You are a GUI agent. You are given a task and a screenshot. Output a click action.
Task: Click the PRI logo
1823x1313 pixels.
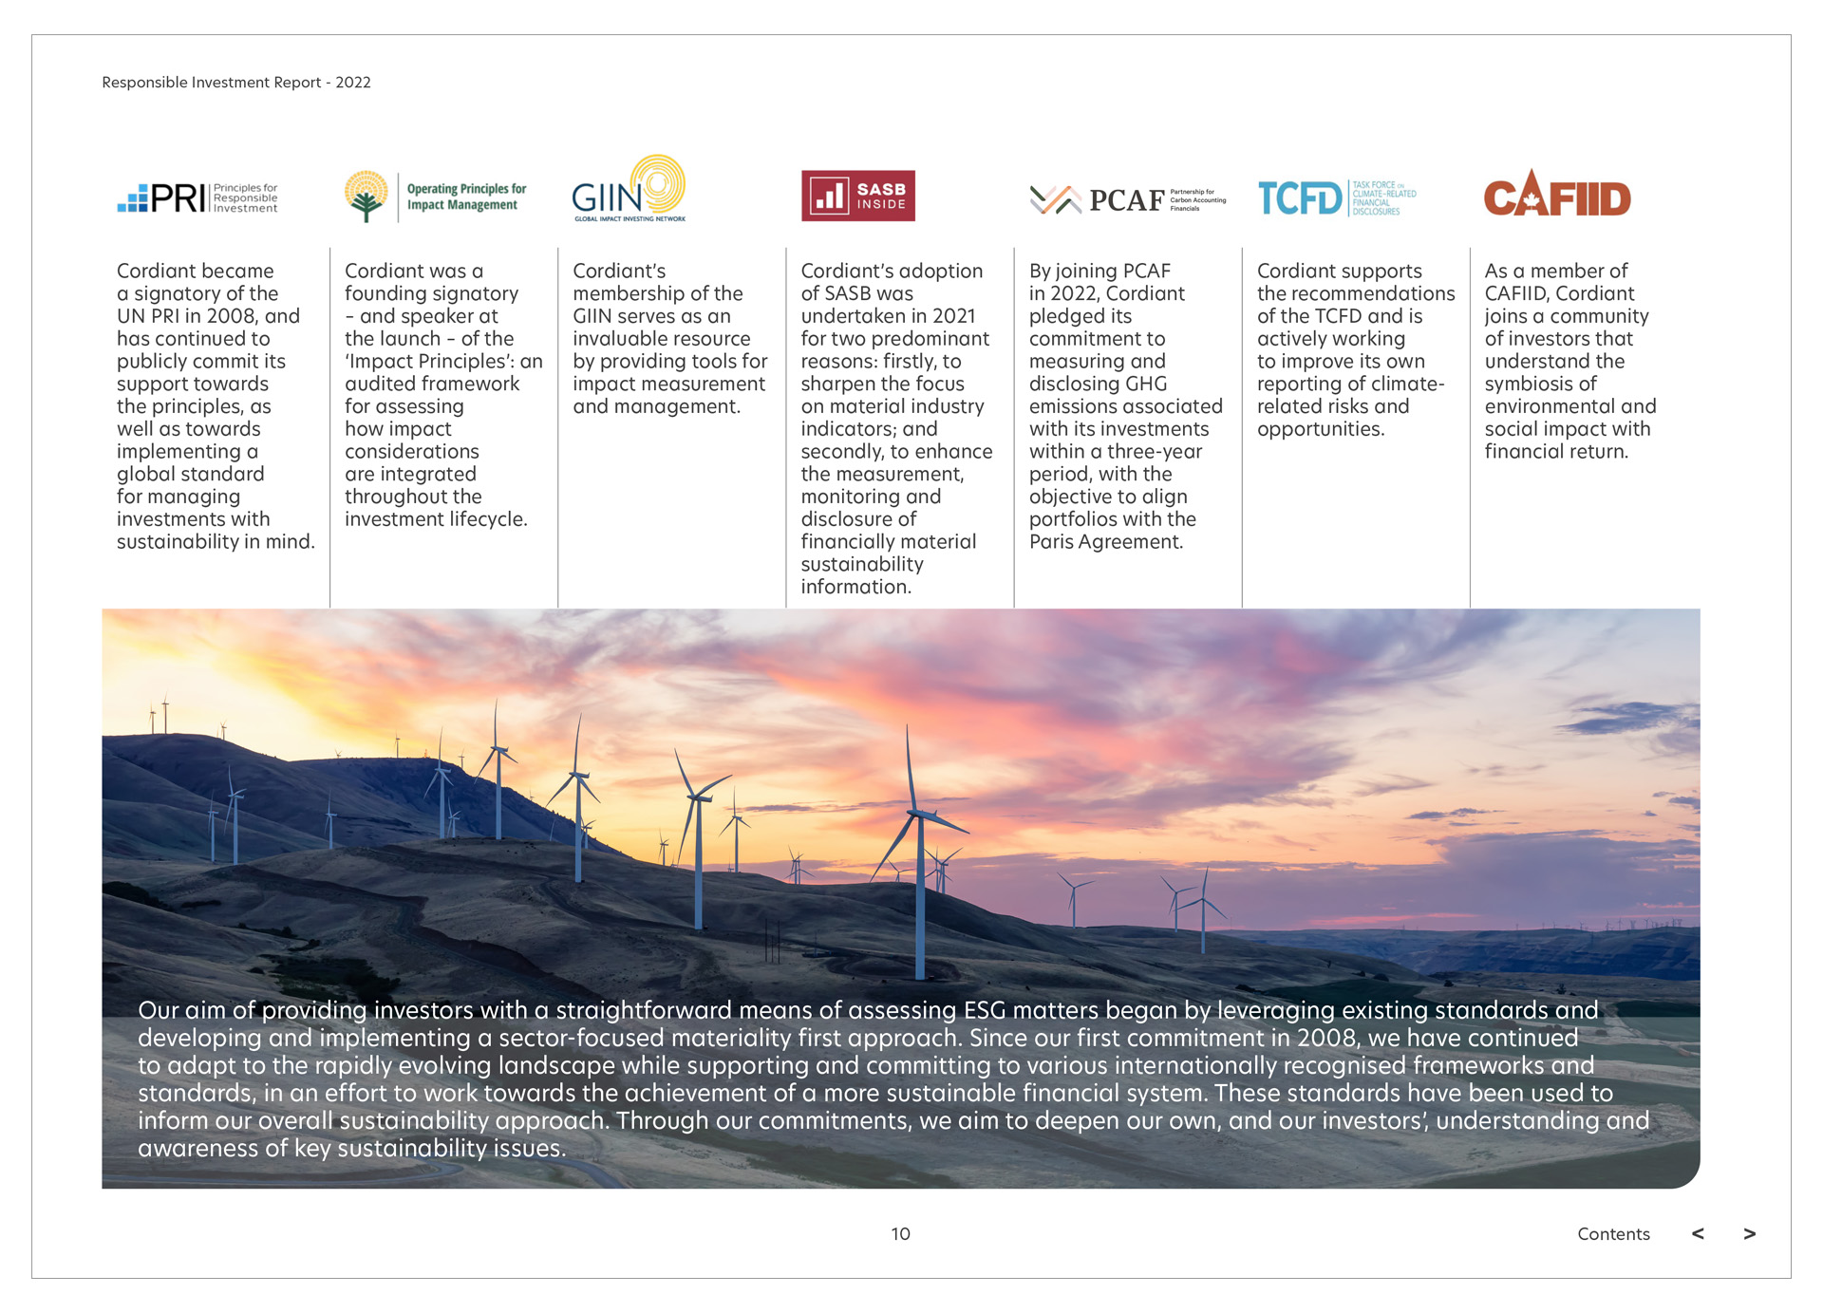197,197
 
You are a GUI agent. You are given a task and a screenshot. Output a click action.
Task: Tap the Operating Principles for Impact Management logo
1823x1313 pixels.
435,197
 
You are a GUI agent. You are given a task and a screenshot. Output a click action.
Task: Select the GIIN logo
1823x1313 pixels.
629,190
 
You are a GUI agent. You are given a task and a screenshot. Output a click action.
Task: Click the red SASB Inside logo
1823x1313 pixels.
857,196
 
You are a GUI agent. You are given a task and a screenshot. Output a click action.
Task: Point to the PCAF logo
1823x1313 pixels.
1127,199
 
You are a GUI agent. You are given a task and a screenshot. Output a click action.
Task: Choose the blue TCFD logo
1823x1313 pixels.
1336,198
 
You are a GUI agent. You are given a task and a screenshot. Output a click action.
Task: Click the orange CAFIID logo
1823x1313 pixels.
1556,195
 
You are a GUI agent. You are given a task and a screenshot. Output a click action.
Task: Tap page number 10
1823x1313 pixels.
900,1233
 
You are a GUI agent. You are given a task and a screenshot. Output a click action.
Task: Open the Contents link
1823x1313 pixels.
1613,1233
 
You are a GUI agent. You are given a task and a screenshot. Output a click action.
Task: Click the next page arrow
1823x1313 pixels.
1749,1233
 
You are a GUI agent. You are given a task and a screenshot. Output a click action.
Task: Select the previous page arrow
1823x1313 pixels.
1698,1233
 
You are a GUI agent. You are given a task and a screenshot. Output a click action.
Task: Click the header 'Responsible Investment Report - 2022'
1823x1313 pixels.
236,83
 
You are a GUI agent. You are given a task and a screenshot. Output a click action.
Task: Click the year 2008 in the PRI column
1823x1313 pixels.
233,316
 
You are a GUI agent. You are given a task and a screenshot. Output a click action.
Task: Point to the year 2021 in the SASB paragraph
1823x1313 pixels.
953,316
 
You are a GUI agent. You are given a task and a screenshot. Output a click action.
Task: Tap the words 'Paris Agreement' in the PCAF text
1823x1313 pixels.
1105,542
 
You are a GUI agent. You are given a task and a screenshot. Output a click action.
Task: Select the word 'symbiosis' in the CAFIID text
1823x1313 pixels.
1527,384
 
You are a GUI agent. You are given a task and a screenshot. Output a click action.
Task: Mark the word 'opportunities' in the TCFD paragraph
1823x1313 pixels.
1320,429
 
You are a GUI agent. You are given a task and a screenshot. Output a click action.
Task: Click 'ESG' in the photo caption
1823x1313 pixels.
984,1010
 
